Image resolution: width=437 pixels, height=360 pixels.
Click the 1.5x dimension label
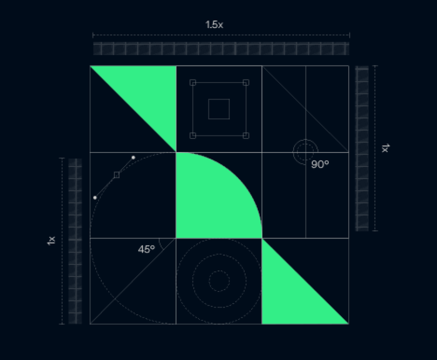click(x=214, y=24)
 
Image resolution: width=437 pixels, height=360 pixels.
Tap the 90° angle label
click(x=320, y=164)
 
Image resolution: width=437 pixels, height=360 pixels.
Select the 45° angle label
click(x=146, y=249)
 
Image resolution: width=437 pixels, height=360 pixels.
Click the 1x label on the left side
click(x=51, y=240)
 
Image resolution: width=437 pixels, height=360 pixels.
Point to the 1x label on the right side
click(x=385, y=148)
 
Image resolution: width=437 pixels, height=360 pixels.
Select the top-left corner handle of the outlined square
click(x=193, y=83)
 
